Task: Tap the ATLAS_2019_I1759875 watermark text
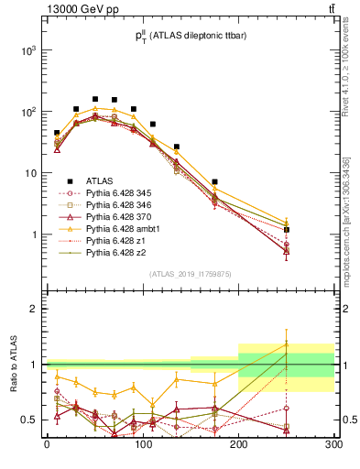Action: coord(191,273)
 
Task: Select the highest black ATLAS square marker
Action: coord(95,99)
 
